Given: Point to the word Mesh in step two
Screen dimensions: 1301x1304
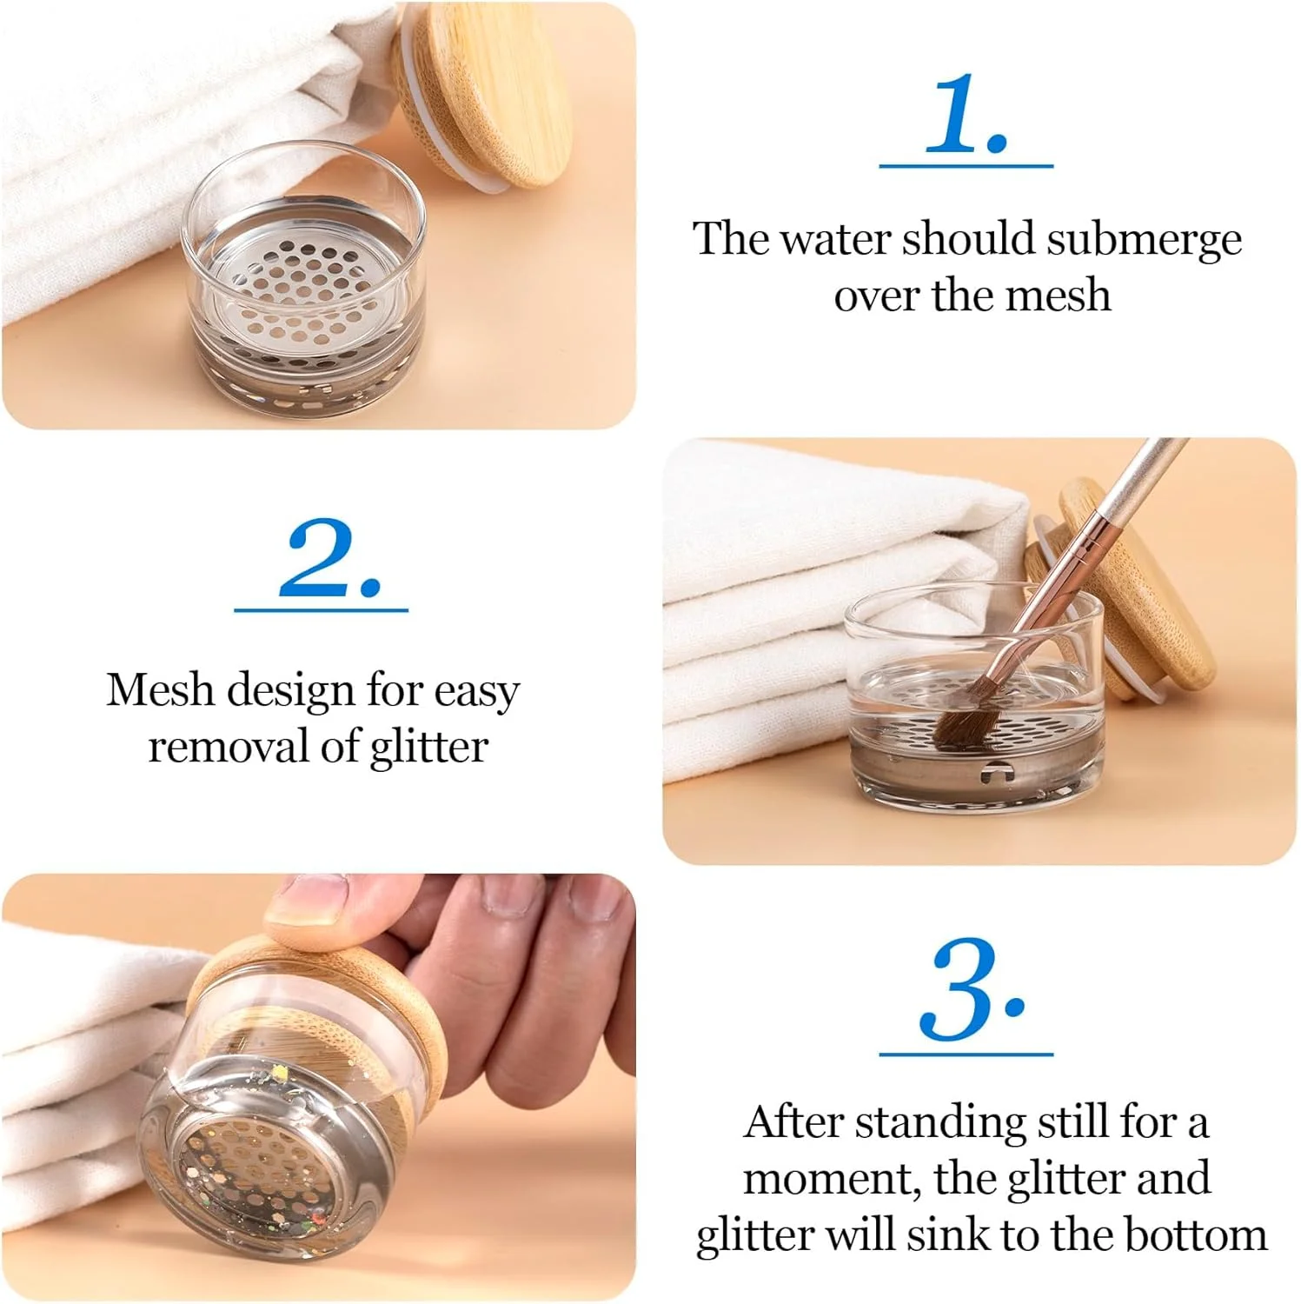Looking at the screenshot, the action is click(x=161, y=689).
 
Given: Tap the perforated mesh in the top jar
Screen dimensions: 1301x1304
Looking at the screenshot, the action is click(x=300, y=283).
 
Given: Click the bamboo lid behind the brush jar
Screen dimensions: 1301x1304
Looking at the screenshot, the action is click(x=1130, y=591).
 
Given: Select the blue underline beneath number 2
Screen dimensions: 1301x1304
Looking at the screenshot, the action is click(x=321, y=610).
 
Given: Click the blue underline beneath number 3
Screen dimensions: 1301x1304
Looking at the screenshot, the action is click(x=966, y=1054).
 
